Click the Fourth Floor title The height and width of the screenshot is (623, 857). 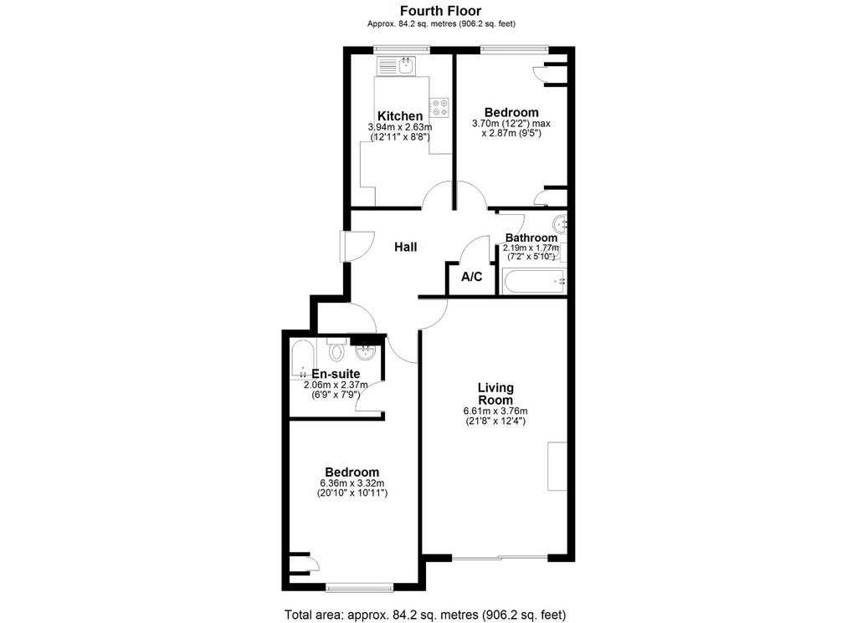point(440,10)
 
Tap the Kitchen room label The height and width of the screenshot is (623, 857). point(400,116)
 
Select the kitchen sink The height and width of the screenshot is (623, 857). point(406,67)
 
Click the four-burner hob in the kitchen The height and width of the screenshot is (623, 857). point(439,107)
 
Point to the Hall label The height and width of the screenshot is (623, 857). point(406,248)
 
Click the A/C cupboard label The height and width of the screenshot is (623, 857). point(472,277)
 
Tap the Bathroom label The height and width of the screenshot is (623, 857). point(531,237)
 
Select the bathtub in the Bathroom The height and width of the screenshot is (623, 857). point(535,281)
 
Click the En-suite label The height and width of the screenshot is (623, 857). point(336,374)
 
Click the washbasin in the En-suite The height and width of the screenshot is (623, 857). point(365,353)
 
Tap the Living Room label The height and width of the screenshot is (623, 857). point(495,394)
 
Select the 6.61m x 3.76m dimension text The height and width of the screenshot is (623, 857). point(495,411)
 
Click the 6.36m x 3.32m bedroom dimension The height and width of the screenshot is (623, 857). point(352,483)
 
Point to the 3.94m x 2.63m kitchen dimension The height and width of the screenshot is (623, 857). point(400,127)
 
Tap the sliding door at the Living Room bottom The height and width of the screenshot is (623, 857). point(500,558)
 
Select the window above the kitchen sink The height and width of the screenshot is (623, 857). point(402,50)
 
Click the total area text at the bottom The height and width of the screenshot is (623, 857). point(425,615)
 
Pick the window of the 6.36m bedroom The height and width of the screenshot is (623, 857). point(360,588)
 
